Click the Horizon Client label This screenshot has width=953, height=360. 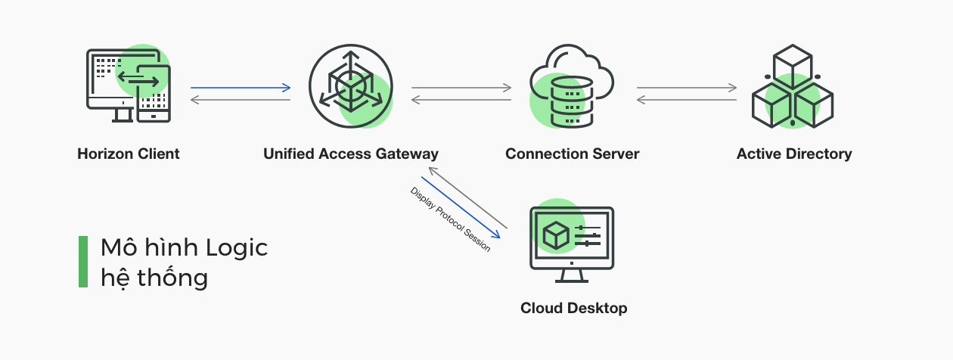pyautogui.click(x=129, y=154)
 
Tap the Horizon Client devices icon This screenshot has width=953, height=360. pyautogui.click(x=129, y=85)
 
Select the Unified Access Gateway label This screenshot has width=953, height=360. pyautogui.click(x=351, y=154)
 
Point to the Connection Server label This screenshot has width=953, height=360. pyautogui.click(x=573, y=154)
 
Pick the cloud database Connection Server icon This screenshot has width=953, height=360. pyautogui.click(x=571, y=86)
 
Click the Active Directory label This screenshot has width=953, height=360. pyautogui.click(x=794, y=154)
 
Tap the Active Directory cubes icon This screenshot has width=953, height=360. pyautogui.click(x=792, y=86)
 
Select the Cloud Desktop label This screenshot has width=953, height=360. pyautogui.click(x=573, y=308)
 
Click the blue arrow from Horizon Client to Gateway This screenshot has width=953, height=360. pyautogui.click(x=241, y=88)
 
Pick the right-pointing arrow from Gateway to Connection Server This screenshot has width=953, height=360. pyautogui.click(x=461, y=88)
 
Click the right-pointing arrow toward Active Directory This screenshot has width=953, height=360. pyautogui.click(x=687, y=88)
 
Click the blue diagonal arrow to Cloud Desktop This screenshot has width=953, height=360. pyautogui.click(x=461, y=208)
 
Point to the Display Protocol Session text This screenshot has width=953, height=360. pyautogui.click(x=450, y=219)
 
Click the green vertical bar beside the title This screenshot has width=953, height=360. pyautogui.click(x=83, y=262)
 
